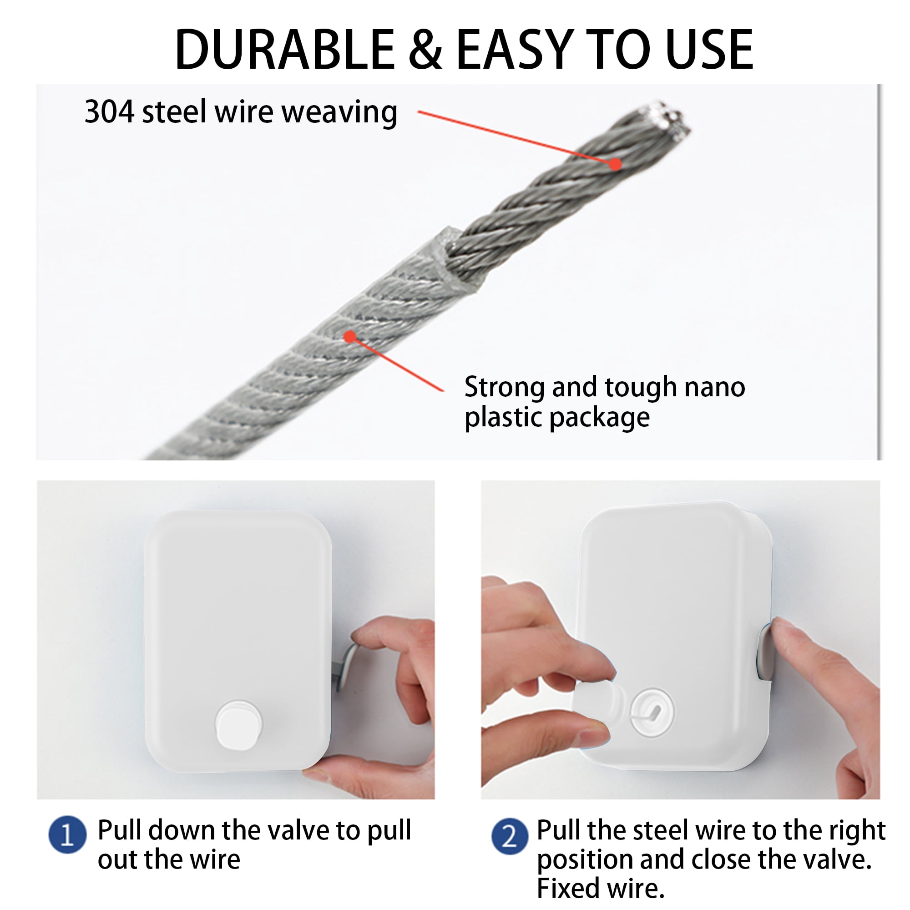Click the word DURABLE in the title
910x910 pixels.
coord(284,50)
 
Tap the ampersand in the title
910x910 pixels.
coord(425,50)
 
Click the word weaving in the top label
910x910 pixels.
coord(339,113)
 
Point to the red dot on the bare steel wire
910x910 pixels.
coord(615,164)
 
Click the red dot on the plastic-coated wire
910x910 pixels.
coord(349,337)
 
